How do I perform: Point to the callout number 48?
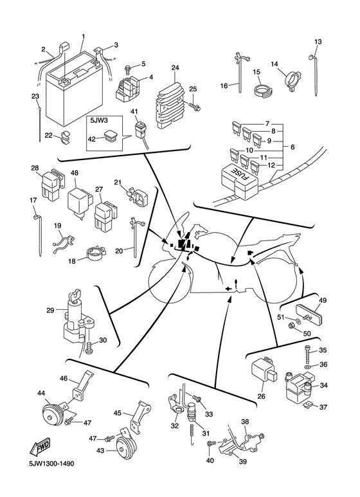pyautogui.click(x=75, y=174)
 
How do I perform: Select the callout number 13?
pyautogui.click(x=317, y=42)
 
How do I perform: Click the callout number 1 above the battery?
pyautogui.click(x=83, y=36)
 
